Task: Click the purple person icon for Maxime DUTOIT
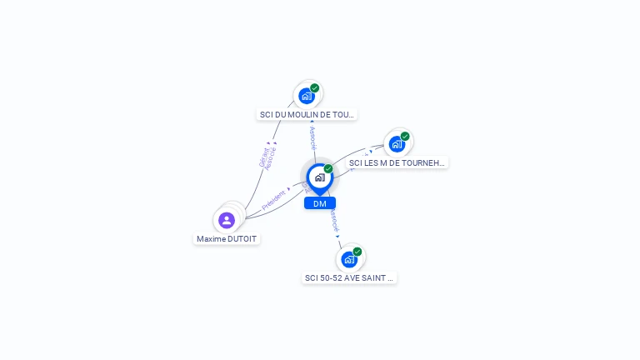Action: tap(227, 220)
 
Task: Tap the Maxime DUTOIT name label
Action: tap(227, 239)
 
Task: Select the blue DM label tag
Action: tap(320, 203)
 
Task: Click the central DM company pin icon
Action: tap(319, 177)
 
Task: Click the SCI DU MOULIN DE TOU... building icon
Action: tap(307, 96)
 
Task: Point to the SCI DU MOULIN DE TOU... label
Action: tap(307, 115)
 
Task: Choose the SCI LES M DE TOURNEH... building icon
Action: tap(397, 143)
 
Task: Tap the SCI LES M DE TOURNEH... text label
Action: tap(397, 163)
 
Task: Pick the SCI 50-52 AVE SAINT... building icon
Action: tap(349, 258)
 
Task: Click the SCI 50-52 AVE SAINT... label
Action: tap(349, 278)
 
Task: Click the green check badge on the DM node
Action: tap(328, 169)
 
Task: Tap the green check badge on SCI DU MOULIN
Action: tap(315, 88)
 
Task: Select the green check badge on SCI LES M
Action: tap(405, 136)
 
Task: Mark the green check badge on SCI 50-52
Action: tap(357, 251)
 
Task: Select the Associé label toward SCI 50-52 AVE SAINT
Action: tap(334, 220)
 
